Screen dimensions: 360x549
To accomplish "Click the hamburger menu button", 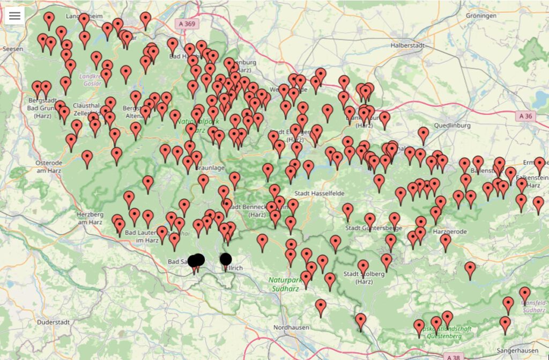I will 14,16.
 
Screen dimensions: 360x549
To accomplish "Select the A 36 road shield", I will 526,115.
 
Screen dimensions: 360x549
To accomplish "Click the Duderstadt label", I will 54,322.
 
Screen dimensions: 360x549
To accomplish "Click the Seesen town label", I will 12,49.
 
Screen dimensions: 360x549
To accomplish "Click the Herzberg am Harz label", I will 89,218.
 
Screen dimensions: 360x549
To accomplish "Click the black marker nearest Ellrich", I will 226,259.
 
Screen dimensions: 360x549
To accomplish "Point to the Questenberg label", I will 444,336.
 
